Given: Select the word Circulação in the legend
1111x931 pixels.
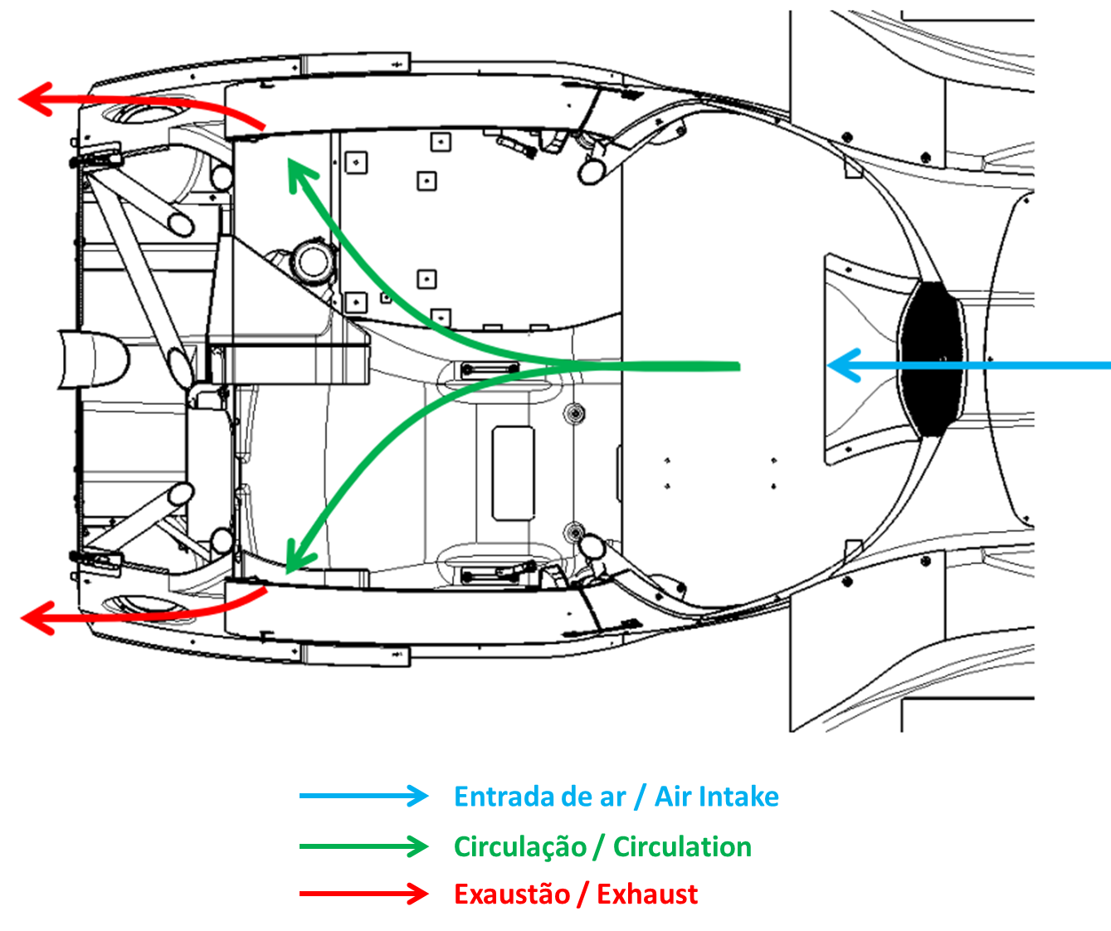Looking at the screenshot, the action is (x=520, y=847).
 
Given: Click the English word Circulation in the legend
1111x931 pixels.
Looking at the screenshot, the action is (x=682, y=846).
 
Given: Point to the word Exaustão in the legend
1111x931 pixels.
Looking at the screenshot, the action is (x=512, y=894).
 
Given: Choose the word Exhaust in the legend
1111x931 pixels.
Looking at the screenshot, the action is (x=647, y=894).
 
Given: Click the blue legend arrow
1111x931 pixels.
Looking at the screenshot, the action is (x=364, y=796).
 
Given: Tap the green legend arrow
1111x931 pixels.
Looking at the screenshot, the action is (x=364, y=846).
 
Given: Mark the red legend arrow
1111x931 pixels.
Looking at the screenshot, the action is (x=364, y=894).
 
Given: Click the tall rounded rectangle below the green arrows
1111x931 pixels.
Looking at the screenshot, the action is (x=514, y=473).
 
